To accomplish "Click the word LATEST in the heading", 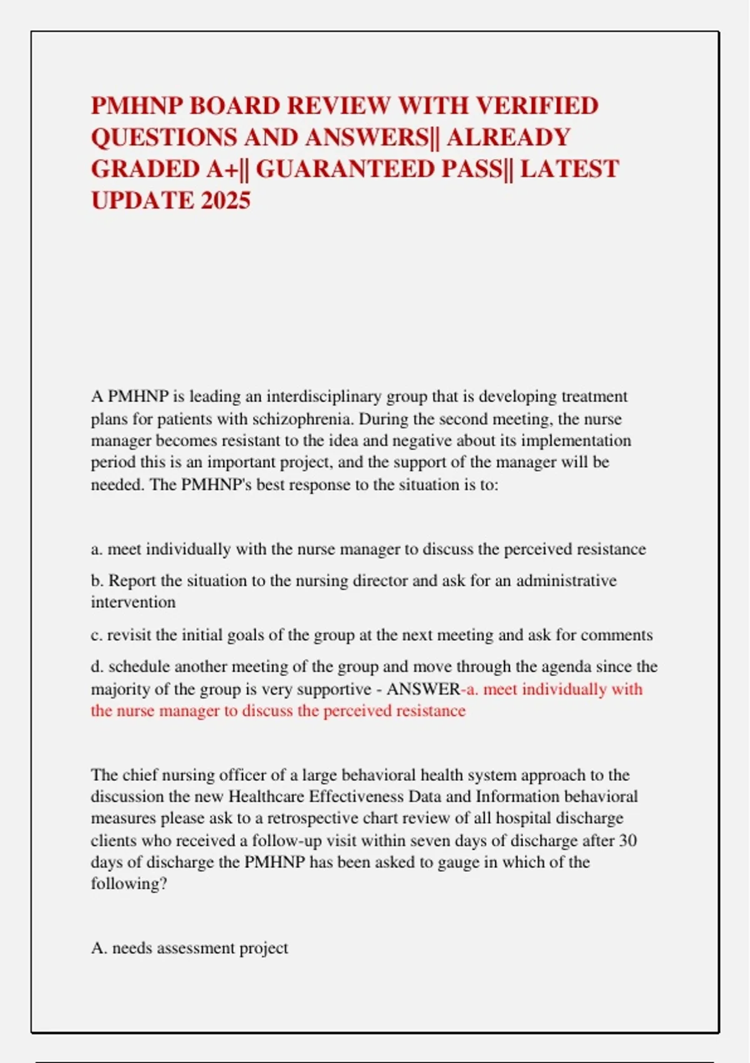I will coord(569,169).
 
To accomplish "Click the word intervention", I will coord(133,602).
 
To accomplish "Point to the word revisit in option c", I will coord(129,635).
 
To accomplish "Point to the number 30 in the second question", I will coord(627,840).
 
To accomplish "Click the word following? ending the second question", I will coord(129,884).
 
